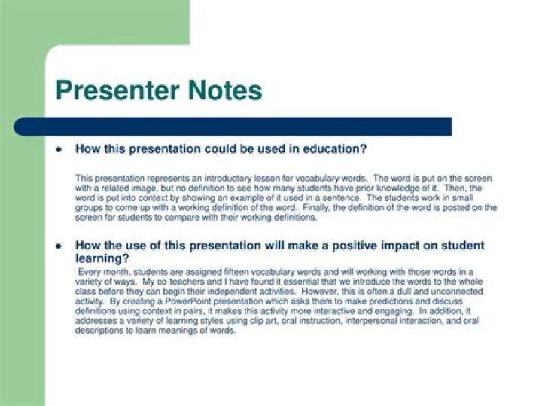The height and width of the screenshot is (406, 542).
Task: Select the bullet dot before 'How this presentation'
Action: [x=59, y=149]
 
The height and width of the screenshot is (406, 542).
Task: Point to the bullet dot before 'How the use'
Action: [x=59, y=246]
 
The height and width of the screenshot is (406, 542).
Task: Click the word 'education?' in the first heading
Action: [x=335, y=149]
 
